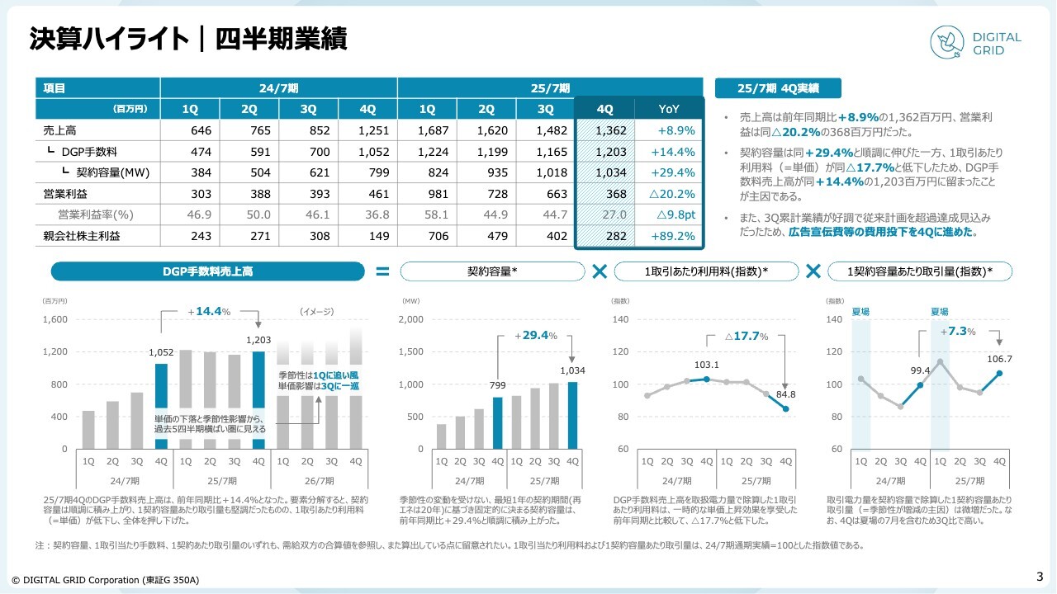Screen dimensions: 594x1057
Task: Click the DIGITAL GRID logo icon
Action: (x=947, y=44)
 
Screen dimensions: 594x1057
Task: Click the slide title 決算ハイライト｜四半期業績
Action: (x=188, y=40)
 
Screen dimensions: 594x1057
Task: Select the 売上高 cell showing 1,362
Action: (x=604, y=130)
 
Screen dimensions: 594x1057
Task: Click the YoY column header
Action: (x=669, y=109)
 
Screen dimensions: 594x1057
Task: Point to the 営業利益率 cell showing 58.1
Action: (x=427, y=214)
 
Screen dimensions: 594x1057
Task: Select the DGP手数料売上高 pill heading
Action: (x=207, y=271)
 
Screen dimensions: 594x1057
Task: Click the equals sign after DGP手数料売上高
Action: (x=382, y=271)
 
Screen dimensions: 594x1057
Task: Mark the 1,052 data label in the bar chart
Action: (x=161, y=352)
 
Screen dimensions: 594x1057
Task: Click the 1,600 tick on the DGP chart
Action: (x=55, y=319)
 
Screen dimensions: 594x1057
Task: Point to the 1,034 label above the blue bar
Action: (x=572, y=370)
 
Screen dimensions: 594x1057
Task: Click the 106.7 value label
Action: (x=999, y=359)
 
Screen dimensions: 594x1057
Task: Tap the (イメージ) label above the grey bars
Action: (x=316, y=312)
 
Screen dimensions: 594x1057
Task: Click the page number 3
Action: (x=1040, y=577)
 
